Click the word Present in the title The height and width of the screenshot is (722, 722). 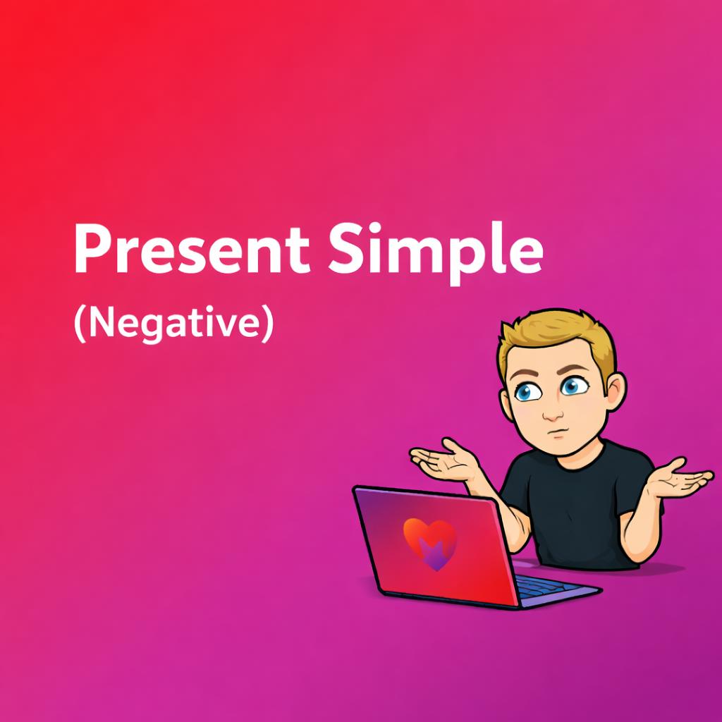[192, 249]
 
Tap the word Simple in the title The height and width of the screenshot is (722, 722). [436, 252]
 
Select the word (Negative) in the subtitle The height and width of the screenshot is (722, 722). [174, 324]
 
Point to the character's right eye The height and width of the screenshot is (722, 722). [528, 392]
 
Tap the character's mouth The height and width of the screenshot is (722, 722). [559, 434]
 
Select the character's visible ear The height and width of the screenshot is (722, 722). [615, 393]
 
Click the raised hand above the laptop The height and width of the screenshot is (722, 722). [444, 461]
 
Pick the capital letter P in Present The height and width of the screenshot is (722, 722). [93, 249]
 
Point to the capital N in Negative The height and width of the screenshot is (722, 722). [101, 323]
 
